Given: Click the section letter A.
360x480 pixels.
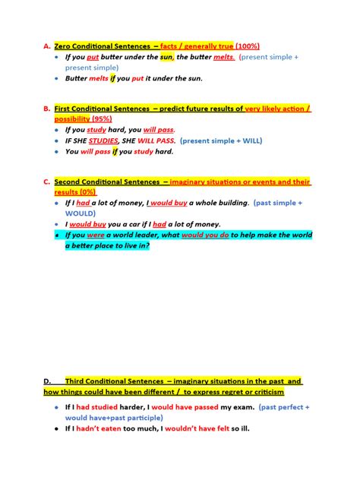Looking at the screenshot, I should point(46,46).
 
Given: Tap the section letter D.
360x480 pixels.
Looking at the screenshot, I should point(47,381).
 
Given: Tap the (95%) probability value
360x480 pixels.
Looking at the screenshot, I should point(102,119).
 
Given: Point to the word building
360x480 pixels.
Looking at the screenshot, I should point(227,204).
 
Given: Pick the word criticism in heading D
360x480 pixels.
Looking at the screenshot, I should point(261,392).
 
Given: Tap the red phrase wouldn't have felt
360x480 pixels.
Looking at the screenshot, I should point(193,428).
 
